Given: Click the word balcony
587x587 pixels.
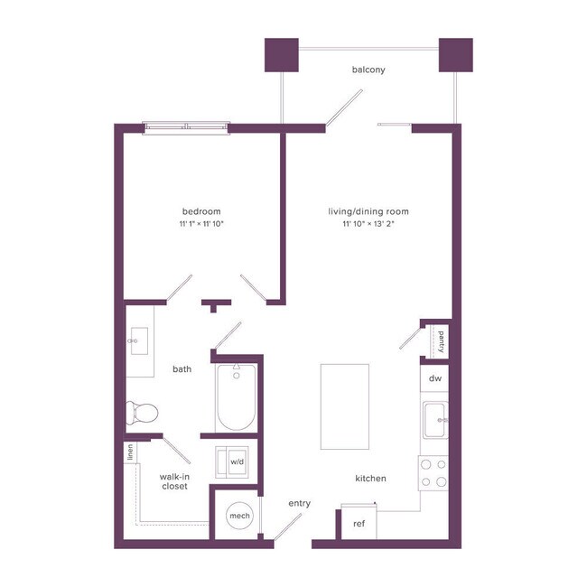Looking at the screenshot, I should point(368,70).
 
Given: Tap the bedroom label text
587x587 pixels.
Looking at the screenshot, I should point(200,211).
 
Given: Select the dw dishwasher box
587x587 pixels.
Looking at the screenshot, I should point(434,378).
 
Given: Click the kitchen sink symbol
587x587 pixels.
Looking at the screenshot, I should point(436,418).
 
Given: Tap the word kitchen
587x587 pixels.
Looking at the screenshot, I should point(370,479).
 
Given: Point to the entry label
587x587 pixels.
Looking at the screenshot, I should point(299,503).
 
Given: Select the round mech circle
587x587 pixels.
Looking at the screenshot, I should point(239,516).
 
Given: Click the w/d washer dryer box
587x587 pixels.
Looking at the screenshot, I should point(236,461).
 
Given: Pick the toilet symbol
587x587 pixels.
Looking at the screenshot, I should point(143,413).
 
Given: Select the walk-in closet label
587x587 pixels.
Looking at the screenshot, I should point(173,480).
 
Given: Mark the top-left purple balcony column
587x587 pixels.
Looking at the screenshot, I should point(281,55).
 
